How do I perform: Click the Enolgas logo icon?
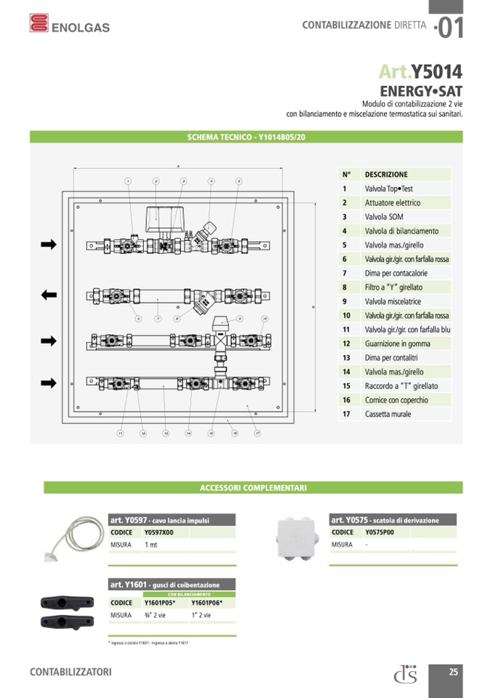pyautogui.click(x=39, y=23)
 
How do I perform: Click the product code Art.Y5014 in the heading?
pyautogui.click(x=420, y=71)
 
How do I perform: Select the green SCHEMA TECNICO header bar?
pyautogui.click(x=246, y=136)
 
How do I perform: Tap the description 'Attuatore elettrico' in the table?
pyautogui.click(x=393, y=202)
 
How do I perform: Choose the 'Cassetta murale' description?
pyautogui.click(x=388, y=414)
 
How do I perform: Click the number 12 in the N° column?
pyautogui.click(x=347, y=344)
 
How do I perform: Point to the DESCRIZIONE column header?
pyautogui.click(x=386, y=175)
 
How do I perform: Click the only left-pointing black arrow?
pyautogui.click(x=49, y=295)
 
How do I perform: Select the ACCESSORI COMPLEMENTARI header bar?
pyautogui.click(x=253, y=488)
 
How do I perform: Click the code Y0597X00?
pyautogui.click(x=159, y=533)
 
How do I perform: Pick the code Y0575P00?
pyautogui.click(x=380, y=532)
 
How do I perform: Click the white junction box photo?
pyautogui.click(x=297, y=541)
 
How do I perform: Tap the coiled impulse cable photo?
pyautogui.click(x=76, y=538)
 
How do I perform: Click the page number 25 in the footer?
pyautogui.click(x=453, y=672)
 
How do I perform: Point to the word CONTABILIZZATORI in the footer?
pyautogui.click(x=71, y=672)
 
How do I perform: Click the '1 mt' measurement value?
pyautogui.click(x=151, y=544)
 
